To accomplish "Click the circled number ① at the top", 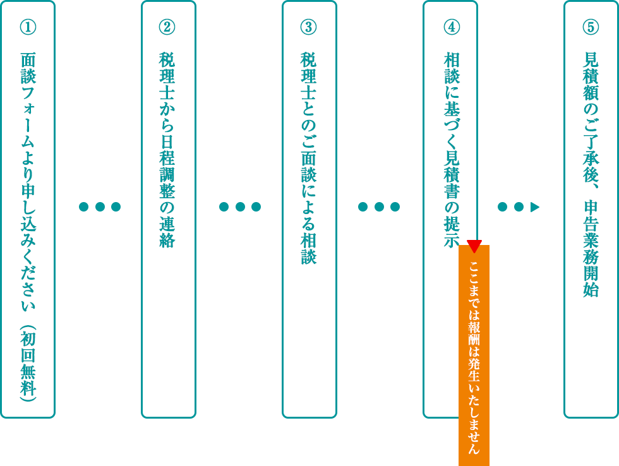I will click(28, 27).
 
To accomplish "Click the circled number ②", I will click(167, 27).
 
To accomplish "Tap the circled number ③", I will click(308, 27).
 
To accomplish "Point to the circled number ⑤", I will click(591, 27).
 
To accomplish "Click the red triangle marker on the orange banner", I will click(474, 246).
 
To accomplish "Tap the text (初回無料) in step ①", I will click(28, 363).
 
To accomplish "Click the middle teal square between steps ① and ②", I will click(99, 206).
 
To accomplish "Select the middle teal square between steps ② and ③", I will click(239, 206).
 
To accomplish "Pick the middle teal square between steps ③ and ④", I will click(379, 206).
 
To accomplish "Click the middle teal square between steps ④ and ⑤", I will click(519, 206).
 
